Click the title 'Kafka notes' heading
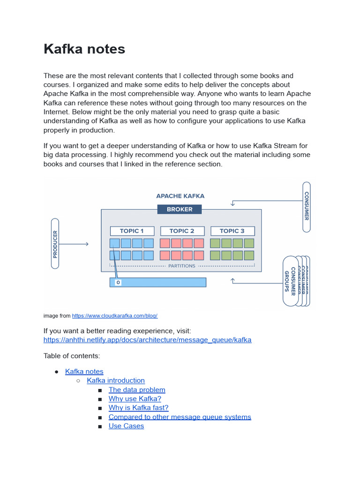pos(84,49)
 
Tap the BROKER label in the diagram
pos(180,210)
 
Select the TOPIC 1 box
pos(132,231)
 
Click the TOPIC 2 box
pos(182,231)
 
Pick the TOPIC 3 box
pos(232,231)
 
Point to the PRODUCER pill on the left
pos(55,244)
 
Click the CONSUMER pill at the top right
pos(307,206)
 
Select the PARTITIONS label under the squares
pos(181,266)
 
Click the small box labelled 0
pos(118,283)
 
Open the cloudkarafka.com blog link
pos(114,316)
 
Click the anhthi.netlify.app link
pos(147,340)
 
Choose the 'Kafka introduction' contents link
pos(116,381)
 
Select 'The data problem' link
pos(137,390)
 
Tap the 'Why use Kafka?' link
pos(135,399)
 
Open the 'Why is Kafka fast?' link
pos(138,408)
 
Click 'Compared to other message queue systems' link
pos(180,417)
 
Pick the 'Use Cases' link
pos(126,426)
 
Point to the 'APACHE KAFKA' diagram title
pos(180,196)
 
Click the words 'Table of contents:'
pos(72,356)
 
